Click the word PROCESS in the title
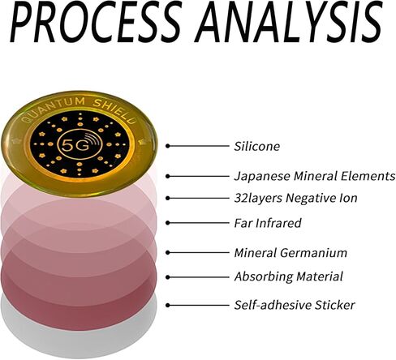pyautogui.click(x=95, y=22)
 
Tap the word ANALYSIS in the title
pyautogui.click(x=289, y=22)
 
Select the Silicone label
pyautogui.click(x=257, y=146)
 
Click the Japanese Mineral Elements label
pyautogui.click(x=315, y=176)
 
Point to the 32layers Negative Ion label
pyautogui.click(x=295, y=198)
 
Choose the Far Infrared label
pyautogui.click(x=268, y=223)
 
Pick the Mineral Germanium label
pyautogui.click(x=291, y=253)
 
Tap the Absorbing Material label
pyautogui.click(x=289, y=276)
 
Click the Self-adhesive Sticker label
pyautogui.click(x=295, y=305)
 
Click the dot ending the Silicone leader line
pyautogui.click(x=168, y=146)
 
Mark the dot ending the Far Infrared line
pyautogui.click(x=168, y=223)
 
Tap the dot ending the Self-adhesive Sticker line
pyautogui.click(x=168, y=305)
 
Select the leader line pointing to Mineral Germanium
pyautogui.click(x=197, y=253)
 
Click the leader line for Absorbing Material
pyautogui.click(x=197, y=277)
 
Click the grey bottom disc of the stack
pyautogui.click(x=79, y=334)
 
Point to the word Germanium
pyautogui.click(x=313, y=253)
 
